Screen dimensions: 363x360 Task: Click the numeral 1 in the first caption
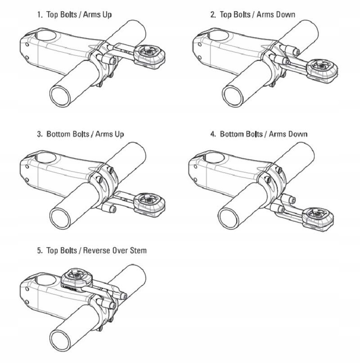pos(39,14)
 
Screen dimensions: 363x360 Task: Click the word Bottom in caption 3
pos(58,134)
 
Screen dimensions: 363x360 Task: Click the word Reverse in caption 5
pos(97,250)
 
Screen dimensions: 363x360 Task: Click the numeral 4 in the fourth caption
pos(212,134)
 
